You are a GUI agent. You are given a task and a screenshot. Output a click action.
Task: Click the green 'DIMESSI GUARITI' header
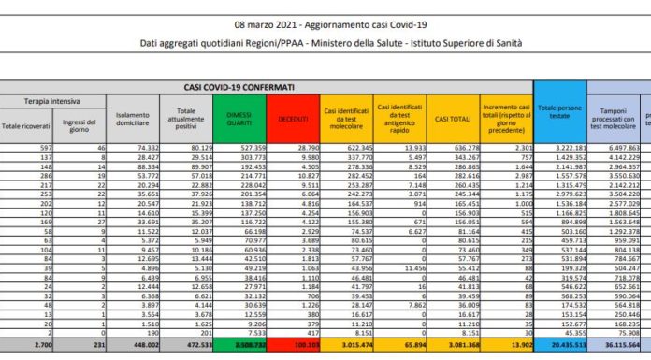[243, 120]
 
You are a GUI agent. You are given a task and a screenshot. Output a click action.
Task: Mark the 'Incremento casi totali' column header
[507, 120]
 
